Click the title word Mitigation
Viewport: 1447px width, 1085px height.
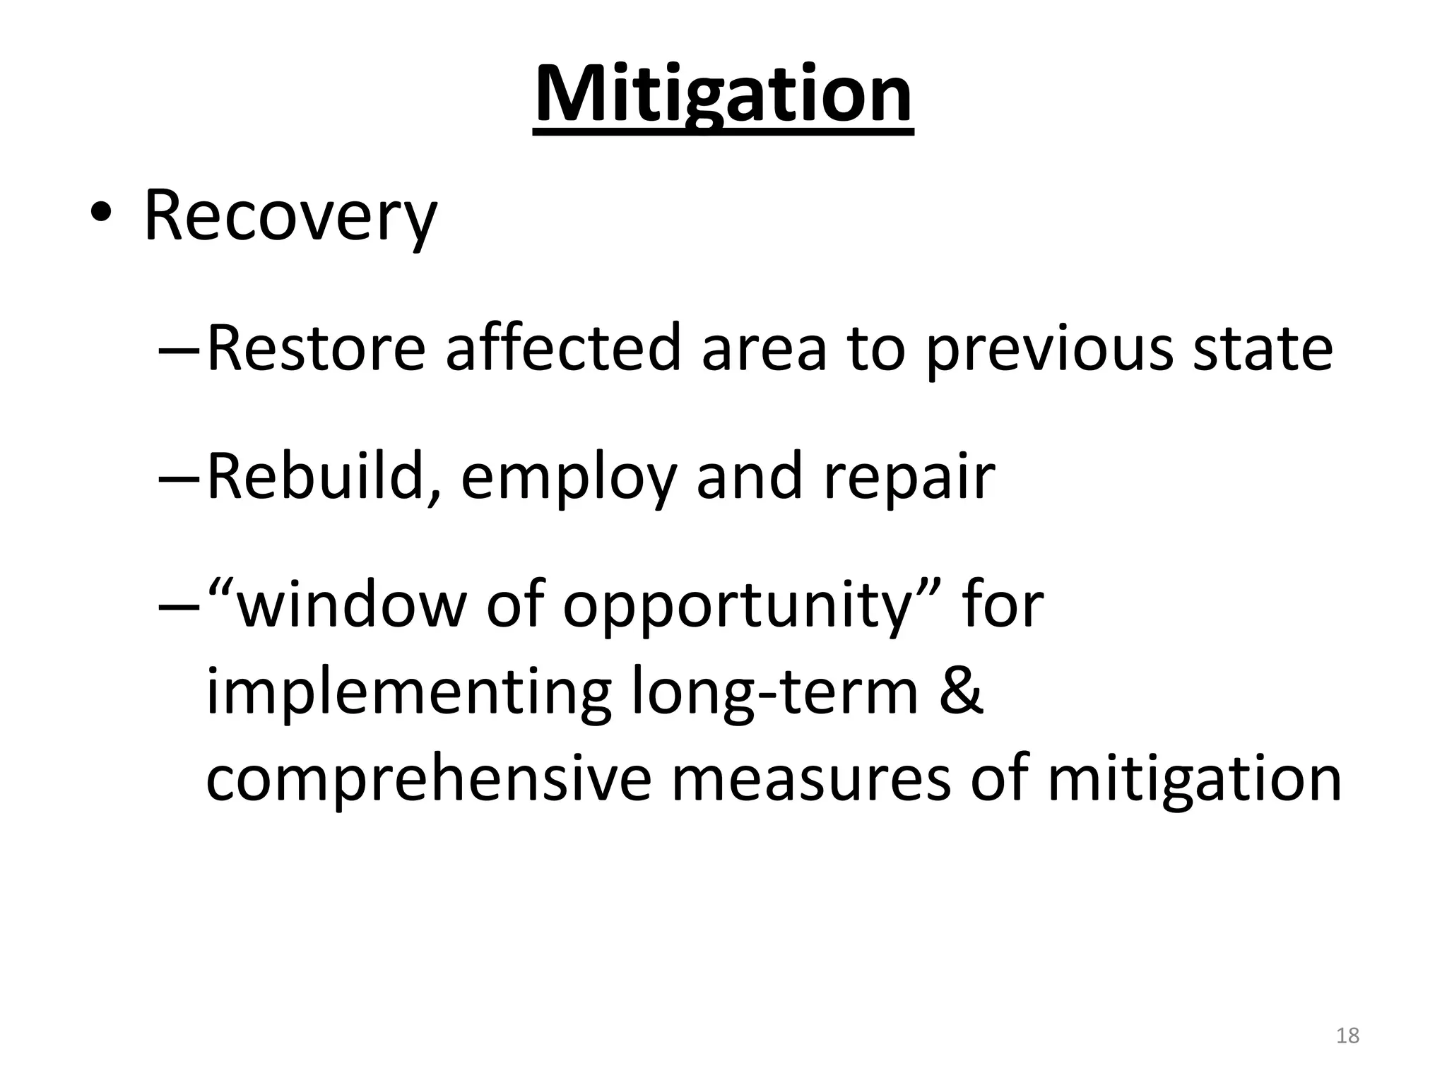[723, 95]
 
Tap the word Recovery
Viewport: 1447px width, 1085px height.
[290, 215]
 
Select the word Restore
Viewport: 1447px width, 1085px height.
[316, 348]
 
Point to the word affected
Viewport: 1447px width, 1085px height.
[562, 348]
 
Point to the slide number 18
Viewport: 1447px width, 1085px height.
[1347, 1036]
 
